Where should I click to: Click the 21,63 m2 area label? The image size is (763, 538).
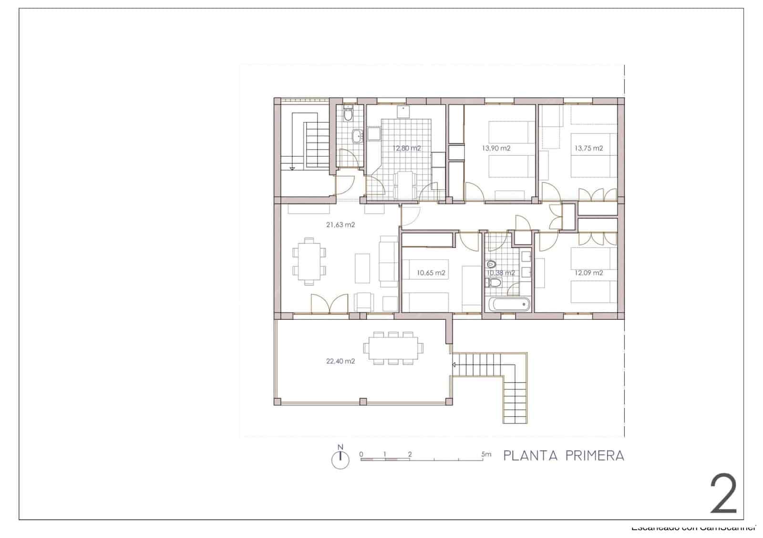[x=340, y=225]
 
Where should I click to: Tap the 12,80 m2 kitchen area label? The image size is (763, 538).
[x=407, y=148]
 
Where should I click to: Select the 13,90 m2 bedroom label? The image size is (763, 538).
[x=496, y=148]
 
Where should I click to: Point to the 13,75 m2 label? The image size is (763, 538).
[x=588, y=148]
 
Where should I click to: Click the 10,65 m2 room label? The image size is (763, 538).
[x=431, y=273]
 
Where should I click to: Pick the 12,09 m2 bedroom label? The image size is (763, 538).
[x=588, y=273]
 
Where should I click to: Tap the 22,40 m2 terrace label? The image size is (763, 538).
[x=340, y=361]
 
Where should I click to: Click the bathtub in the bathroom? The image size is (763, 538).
[x=509, y=304]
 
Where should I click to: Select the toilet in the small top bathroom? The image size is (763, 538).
[x=348, y=114]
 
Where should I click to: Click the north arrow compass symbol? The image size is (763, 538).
[x=340, y=458]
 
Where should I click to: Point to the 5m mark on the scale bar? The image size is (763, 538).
[x=486, y=455]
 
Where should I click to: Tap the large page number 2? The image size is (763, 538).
[x=723, y=494]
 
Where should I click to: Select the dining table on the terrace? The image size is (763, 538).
[x=393, y=348]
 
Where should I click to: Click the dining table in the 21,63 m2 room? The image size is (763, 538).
[x=309, y=261]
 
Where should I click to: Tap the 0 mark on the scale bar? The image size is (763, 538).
[x=361, y=454]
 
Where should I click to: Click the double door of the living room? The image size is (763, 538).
[x=329, y=304]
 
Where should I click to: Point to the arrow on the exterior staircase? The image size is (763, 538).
[x=454, y=365]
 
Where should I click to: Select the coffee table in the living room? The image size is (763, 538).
[x=362, y=267]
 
